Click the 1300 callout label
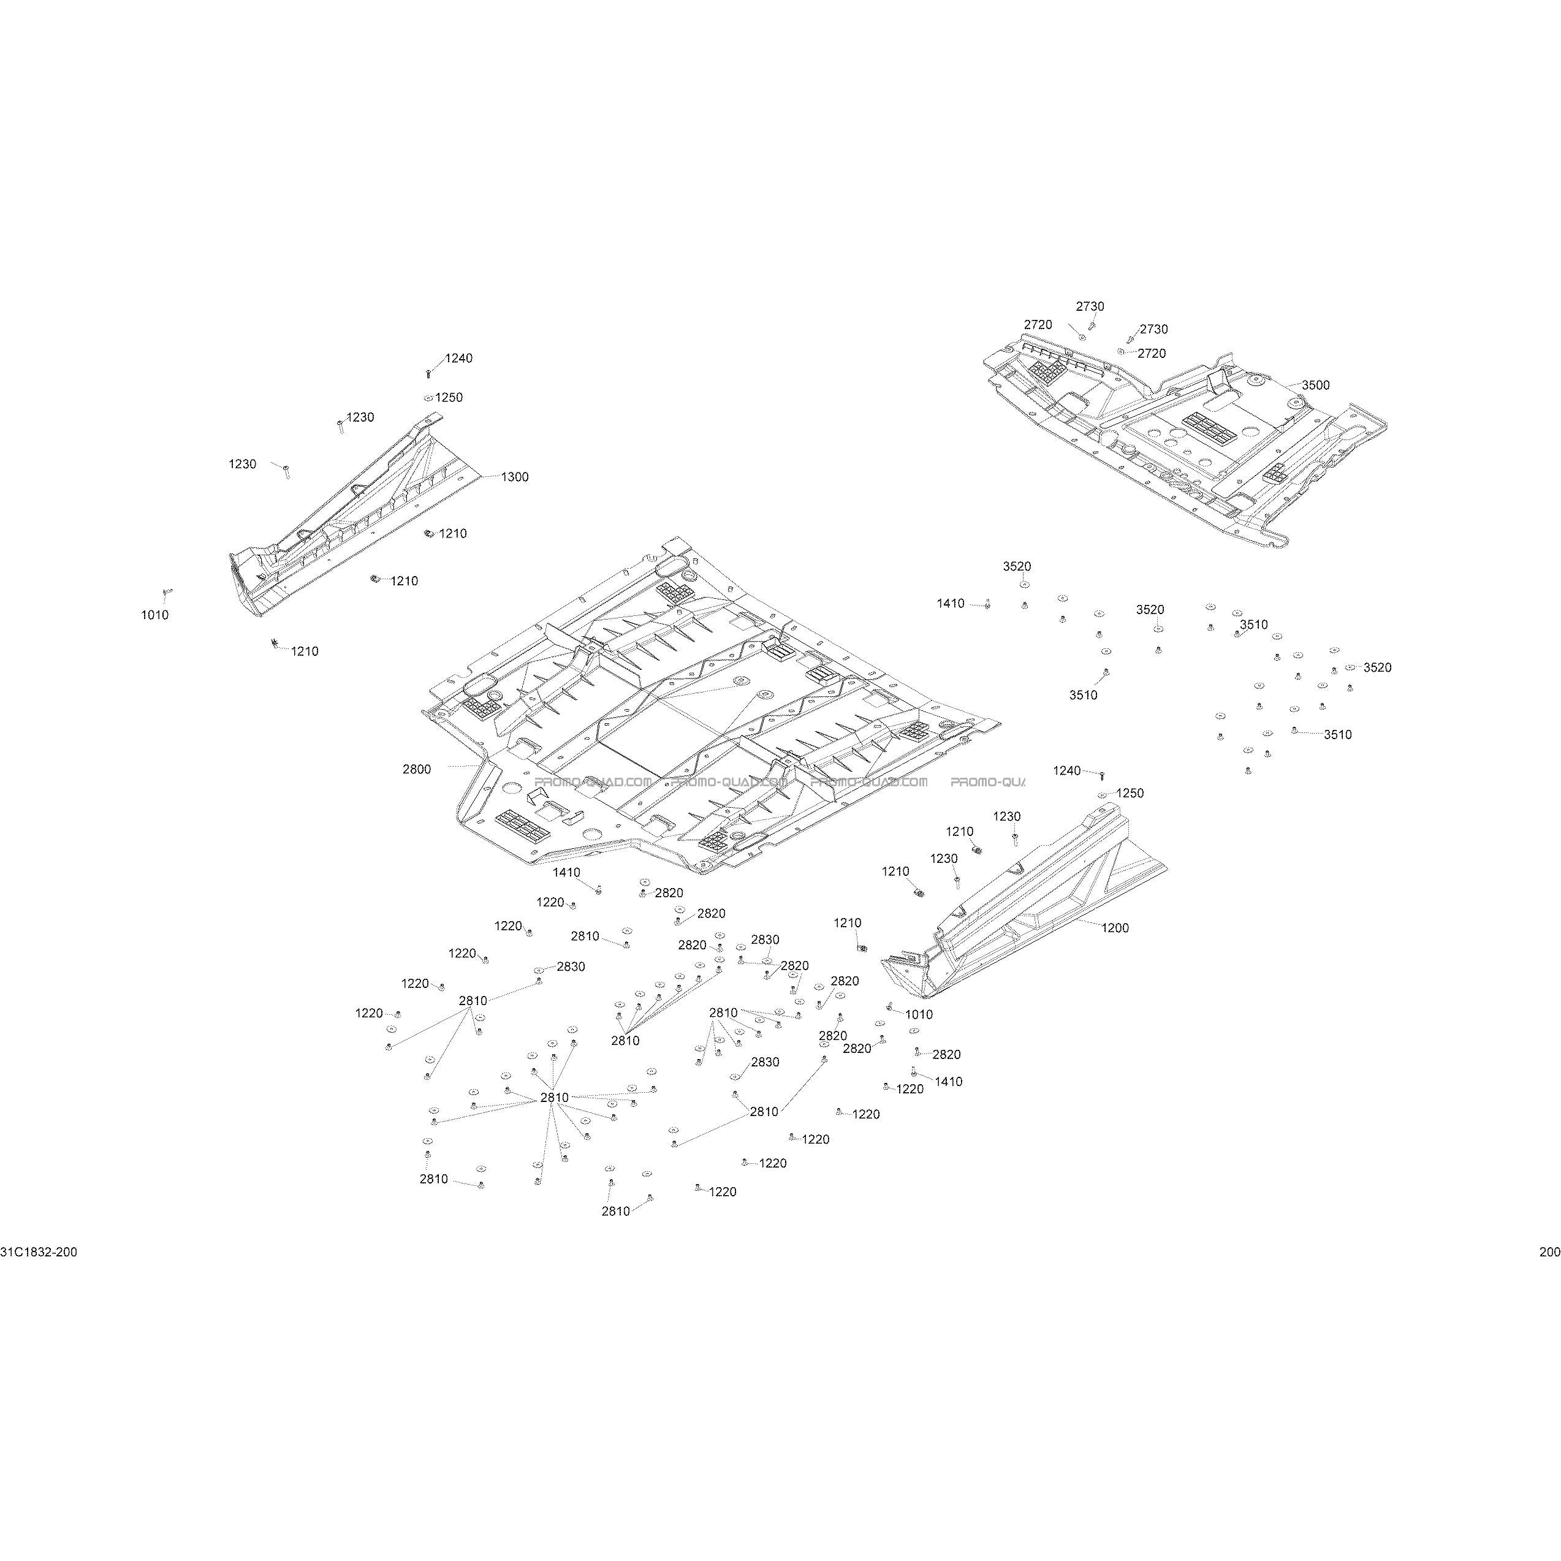pyautogui.click(x=515, y=477)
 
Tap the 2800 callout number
pyautogui.click(x=417, y=769)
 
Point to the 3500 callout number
pyautogui.click(x=1315, y=386)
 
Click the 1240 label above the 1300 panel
pyautogui.click(x=459, y=358)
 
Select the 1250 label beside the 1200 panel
pyautogui.click(x=1130, y=794)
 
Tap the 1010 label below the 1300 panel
pyautogui.click(x=155, y=615)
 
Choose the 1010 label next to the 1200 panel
pyautogui.click(x=919, y=1014)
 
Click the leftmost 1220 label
pyautogui.click(x=369, y=1012)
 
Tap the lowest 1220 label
pyautogui.click(x=723, y=1192)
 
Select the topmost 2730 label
pyautogui.click(x=1090, y=306)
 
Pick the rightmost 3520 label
pyautogui.click(x=1378, y=667)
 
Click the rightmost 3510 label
pyautogui.click(x=1338, y=734)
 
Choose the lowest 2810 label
pyautogui.click(x=616, y=1211)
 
